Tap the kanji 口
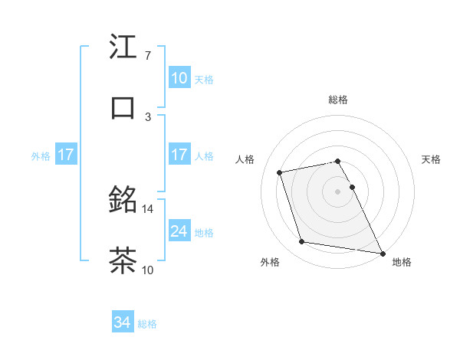coord(123,107)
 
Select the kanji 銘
coord(123,201)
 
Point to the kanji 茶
coord(123,260)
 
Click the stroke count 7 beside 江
coord(148,56)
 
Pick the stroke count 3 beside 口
coord(148,116)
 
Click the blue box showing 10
coord(179,78)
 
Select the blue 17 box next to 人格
coord(179,155)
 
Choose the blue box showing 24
coord(179,231)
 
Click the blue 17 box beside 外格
coord(66,155)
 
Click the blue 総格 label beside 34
coord(147,324)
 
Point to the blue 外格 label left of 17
coord(41,156)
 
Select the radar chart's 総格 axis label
coord(338,100)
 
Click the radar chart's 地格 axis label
coord(402,262)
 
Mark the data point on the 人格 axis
coord(280,172)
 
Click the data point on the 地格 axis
coord(382,253)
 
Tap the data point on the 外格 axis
coord(302,242)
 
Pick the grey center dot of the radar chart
coord(338,191)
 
